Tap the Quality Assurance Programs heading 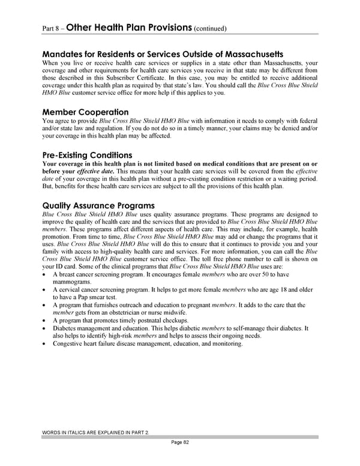[x=98, y=205]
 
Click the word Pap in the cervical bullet [x=93, y=297]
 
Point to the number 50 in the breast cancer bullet [x=262, y=274]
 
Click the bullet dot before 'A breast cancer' [x=45, y=274]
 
